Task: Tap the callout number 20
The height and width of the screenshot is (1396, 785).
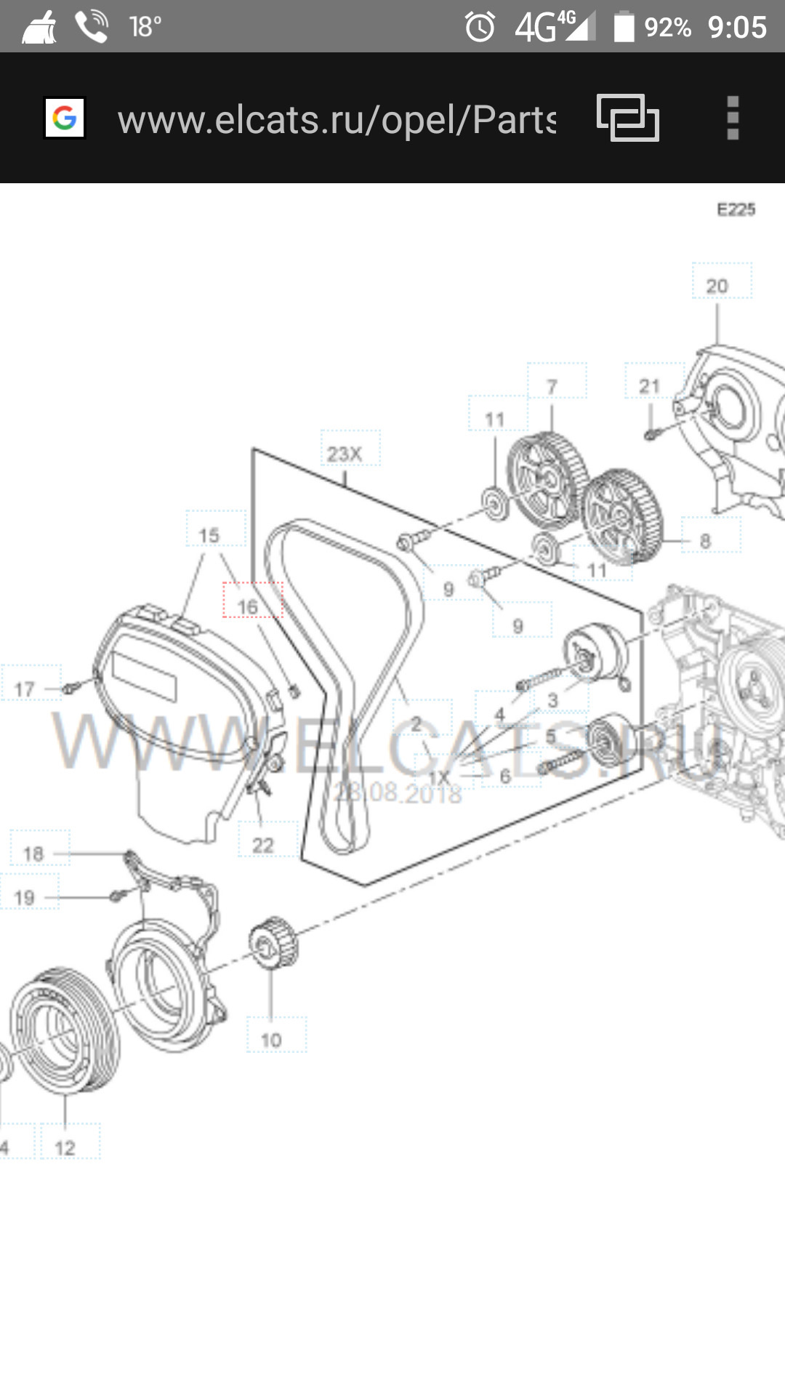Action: point(717,286)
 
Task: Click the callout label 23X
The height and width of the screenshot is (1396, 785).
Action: point(345,454)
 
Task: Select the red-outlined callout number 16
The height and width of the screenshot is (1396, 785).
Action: point(249,606)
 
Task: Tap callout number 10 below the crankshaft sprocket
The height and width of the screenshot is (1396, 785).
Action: point(271,1040)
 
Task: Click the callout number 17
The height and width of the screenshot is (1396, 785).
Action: point(25,689)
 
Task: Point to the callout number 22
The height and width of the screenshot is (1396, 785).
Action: point(263,845)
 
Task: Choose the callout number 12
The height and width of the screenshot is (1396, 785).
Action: point(65,1147)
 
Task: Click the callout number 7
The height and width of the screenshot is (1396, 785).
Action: point(552,387)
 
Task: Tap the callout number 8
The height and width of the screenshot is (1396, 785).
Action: point(705,541)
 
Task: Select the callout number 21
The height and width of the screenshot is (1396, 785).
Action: point(650,386)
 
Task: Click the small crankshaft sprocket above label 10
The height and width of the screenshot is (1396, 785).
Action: point(273,943)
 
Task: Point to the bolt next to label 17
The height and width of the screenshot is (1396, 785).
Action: point(71,687)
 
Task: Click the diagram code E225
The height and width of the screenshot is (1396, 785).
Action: point(736,209)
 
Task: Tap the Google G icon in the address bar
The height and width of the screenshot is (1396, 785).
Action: point(65,118)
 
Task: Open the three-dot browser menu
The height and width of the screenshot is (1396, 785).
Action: point(733,118)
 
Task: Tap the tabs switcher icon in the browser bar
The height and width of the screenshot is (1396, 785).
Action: point(628,118)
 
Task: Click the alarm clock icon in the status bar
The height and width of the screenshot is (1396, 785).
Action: point(480,28)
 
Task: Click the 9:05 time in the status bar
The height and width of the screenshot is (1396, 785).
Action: point(737,28)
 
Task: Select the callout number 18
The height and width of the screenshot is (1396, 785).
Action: point(33,854)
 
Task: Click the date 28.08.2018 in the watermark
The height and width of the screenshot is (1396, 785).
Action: point(398,793)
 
